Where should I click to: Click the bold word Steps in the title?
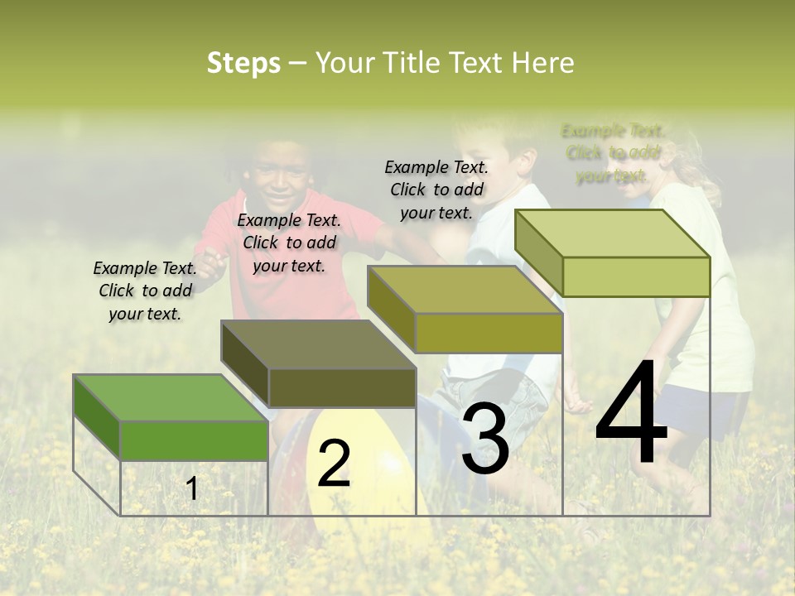(x=243, y=64)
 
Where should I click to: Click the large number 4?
(x=632, y=414)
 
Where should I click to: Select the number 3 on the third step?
(x=485, y=439)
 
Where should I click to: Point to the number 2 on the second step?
(x=334, y=464)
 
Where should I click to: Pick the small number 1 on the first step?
(x=192, y=488)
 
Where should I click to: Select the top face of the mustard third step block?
(x=464, y=290)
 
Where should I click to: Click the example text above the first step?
(x=145, y=291)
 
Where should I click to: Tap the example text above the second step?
(x=289, y=243)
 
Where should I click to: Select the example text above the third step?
(x=436, y=190)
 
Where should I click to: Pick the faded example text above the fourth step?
(x=613, y=153)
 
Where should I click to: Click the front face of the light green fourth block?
(x=636, y=276)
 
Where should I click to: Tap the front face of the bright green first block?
(x=194, y=440)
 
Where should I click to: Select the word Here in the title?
(x=542, y=64)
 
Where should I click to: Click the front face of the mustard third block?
(x=489, y=333)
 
